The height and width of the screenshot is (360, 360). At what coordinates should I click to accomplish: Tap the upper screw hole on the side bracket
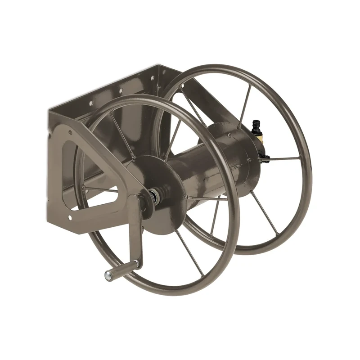[70, 132]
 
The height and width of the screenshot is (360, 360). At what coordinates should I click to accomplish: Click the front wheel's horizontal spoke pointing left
[101, 189]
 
